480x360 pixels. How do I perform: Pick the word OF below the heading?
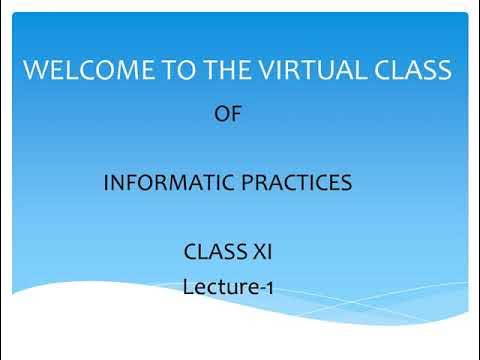228,115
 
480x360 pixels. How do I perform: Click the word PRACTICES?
290,184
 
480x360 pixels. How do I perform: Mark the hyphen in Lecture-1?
260,289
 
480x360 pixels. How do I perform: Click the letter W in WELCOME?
35,71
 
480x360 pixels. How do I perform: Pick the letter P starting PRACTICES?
233,184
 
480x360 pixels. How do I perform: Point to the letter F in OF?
236,115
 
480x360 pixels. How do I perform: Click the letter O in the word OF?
222,115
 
